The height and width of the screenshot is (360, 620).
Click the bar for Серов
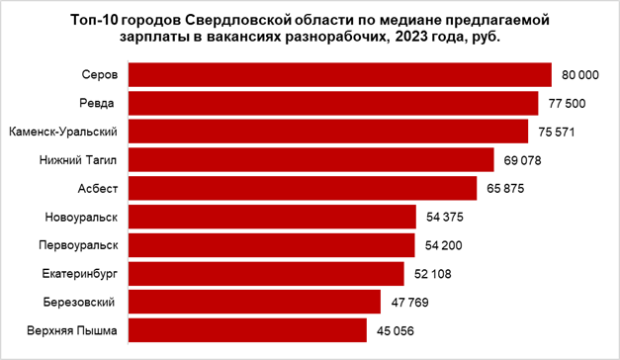[x=339, y=75]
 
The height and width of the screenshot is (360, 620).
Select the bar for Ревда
[x=333, y=103]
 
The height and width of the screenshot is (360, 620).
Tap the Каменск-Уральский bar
[x=328, y=132]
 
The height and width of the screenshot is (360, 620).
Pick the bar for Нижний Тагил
[x=311, y=159]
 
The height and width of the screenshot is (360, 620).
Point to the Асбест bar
[x=303, y=188]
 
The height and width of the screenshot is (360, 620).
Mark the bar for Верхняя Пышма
[x=248, y=330]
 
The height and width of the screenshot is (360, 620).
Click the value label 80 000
[x=579, y=75]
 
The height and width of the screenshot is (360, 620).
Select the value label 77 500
[x=567, y=103]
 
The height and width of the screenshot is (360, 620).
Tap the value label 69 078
[x=522, y=159]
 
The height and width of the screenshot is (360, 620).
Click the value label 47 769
[x=409, y=302]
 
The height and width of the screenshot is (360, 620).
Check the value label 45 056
[x=396, y=330]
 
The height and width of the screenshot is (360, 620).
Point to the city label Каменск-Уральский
[x=64, y=132]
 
